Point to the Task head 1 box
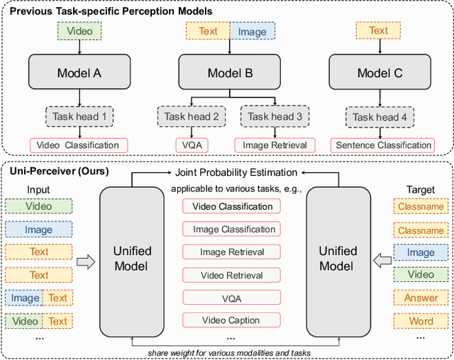tap(79, 117)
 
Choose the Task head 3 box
tap(275, 117)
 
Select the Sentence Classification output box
tap(382, 145)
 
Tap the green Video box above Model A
tap(79, 31)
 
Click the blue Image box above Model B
tap(252, 31)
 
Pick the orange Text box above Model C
tap(379, 30)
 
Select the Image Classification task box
tap(231, 229)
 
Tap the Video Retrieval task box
tap(231, 275)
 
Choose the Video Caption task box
tap(231, 320)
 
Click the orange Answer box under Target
tap(421, 298)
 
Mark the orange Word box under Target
tap(421, 321)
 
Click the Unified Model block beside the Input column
tap(133, 258)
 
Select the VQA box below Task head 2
tap(192, 145)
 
